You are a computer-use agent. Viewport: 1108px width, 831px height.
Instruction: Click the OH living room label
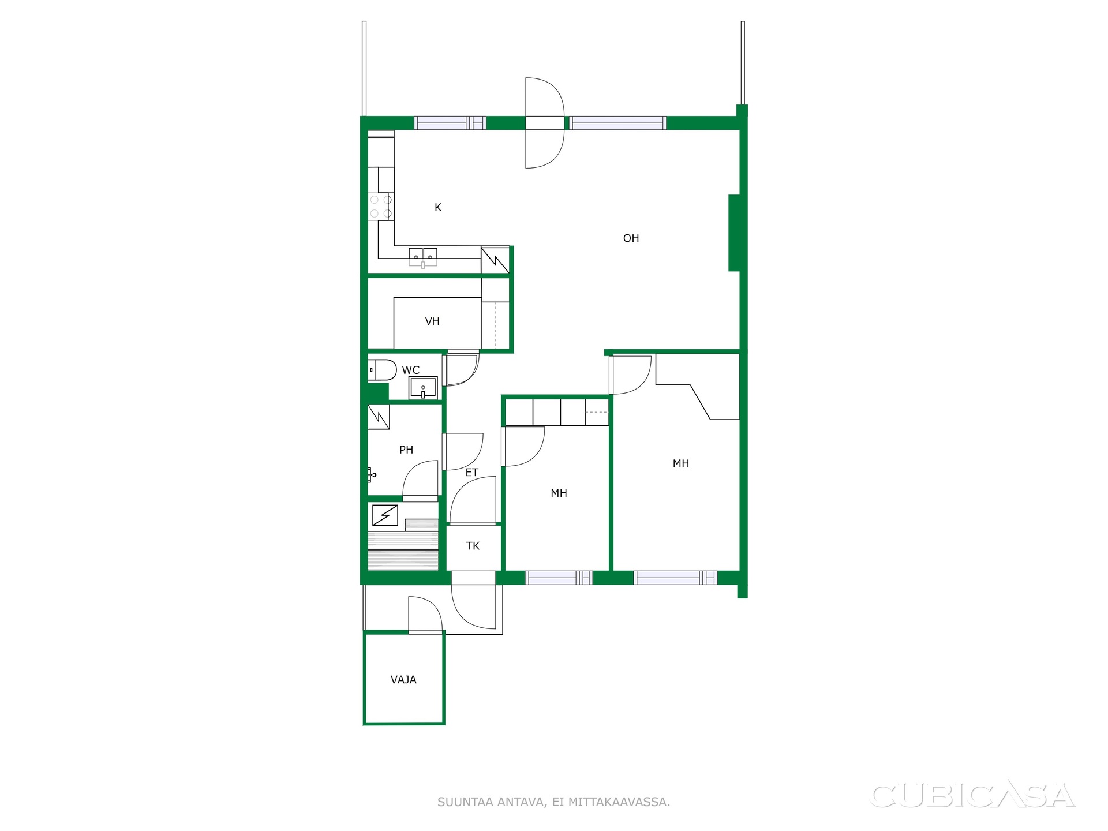pos(631,238)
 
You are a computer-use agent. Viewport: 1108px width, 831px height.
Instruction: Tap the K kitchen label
pos(438,208)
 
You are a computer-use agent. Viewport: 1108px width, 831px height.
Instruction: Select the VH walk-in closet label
pos(432,321)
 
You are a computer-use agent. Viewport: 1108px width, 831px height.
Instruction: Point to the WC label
pos(411,370)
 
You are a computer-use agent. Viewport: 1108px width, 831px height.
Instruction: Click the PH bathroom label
pos(406,450)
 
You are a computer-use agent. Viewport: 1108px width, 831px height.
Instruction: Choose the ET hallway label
pos(472,473)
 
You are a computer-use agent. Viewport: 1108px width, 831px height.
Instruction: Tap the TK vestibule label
pos(473,546)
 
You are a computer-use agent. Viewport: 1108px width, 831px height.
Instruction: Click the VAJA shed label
pos(403,680)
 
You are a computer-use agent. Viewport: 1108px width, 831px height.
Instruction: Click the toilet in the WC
pos(383,370)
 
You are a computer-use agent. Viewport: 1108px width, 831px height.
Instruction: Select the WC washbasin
pos(423,388)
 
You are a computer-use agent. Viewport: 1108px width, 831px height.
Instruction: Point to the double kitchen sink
pos(423,256)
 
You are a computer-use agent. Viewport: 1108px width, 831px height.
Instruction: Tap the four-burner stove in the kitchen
pos(381,207)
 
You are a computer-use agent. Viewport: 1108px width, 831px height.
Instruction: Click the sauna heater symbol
pos(385,515)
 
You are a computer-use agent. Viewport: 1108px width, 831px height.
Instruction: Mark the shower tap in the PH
pos(371,476)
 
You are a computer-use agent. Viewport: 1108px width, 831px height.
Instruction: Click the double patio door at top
pos(544,123)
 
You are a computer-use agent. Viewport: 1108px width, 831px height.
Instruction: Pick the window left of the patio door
pos(451,123)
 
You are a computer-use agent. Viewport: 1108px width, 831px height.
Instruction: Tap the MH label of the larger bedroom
pos(681,463)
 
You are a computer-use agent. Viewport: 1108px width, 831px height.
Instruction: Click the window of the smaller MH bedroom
pos(559,578)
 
